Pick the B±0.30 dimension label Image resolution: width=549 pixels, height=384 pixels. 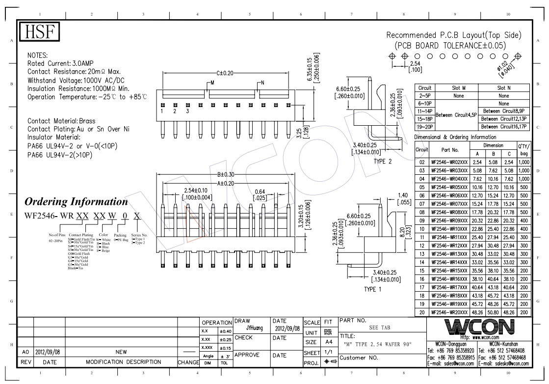point(225,174)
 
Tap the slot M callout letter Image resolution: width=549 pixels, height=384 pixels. point(212,82)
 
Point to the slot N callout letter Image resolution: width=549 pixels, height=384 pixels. point(263,82)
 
